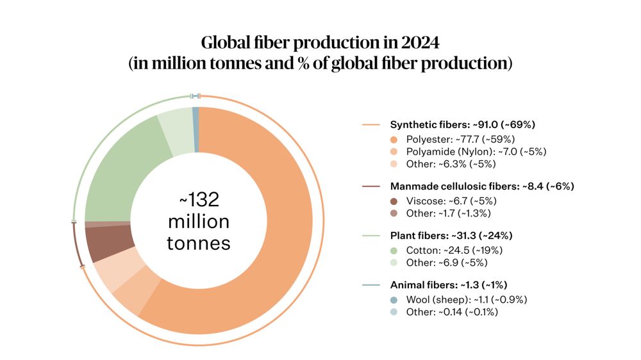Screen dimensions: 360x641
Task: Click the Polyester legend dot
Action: click(x=393, y=139)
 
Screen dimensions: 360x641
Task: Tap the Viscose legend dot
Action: click(x=393, y=200)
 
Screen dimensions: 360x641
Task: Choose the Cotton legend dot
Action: click(x=393, y=250)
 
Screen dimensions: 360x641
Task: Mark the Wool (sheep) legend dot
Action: click(x=393, y=299)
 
